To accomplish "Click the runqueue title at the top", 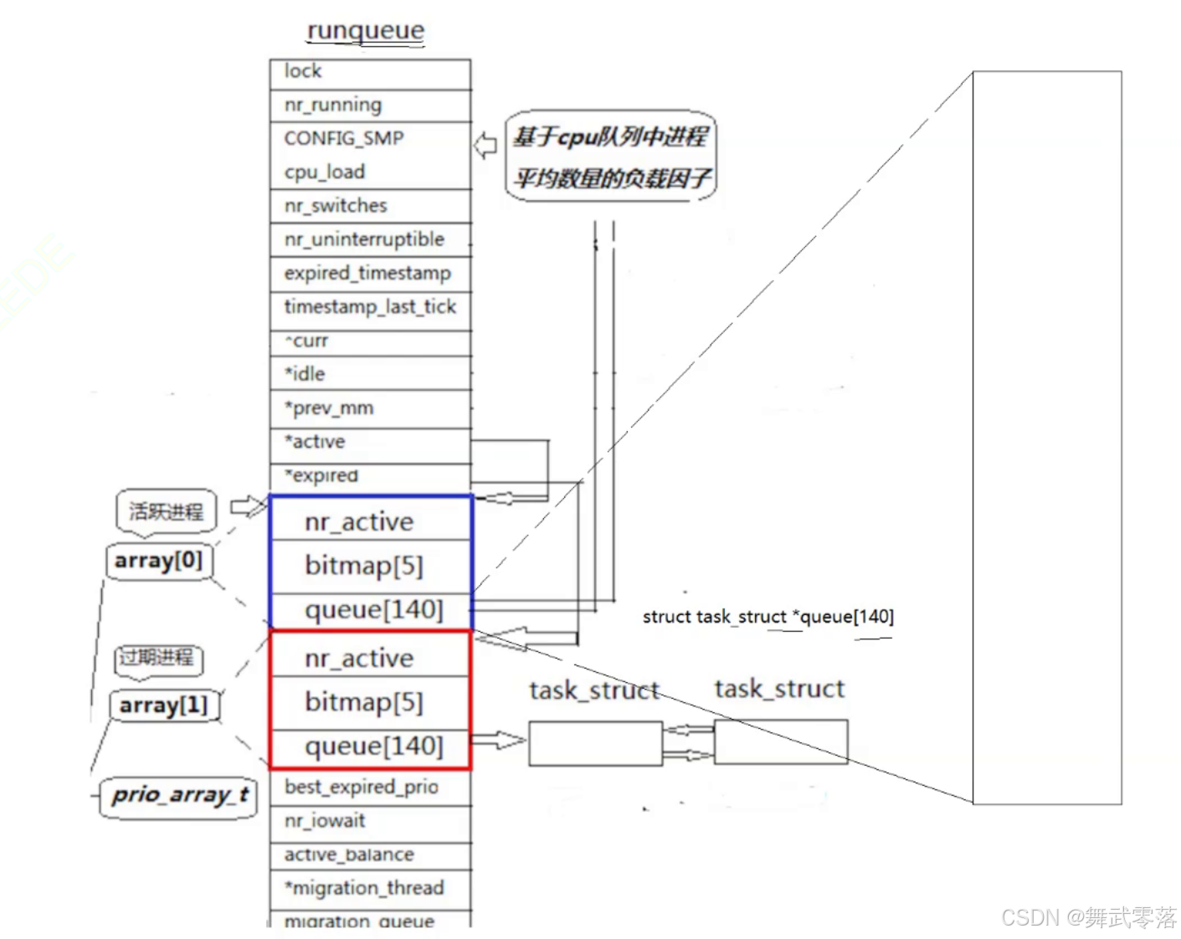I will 366,31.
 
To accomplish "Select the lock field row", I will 369,72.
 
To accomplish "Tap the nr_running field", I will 369,105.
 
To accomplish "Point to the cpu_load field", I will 369,172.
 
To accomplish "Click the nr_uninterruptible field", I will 369,240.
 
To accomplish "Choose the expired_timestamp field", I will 369,274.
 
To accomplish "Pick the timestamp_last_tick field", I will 369,307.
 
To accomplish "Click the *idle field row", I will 369,374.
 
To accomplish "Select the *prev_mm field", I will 369,408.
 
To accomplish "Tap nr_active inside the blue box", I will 360,522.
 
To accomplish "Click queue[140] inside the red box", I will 373,746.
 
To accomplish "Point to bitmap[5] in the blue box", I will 364,566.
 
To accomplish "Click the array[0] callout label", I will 158,560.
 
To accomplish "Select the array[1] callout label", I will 163,706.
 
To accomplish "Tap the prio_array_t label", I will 180,794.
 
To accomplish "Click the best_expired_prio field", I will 362,787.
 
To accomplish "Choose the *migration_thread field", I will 365,888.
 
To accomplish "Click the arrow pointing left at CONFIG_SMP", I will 485,146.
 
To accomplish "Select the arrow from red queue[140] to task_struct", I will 499,741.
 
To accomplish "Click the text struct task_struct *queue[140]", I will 768,617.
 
